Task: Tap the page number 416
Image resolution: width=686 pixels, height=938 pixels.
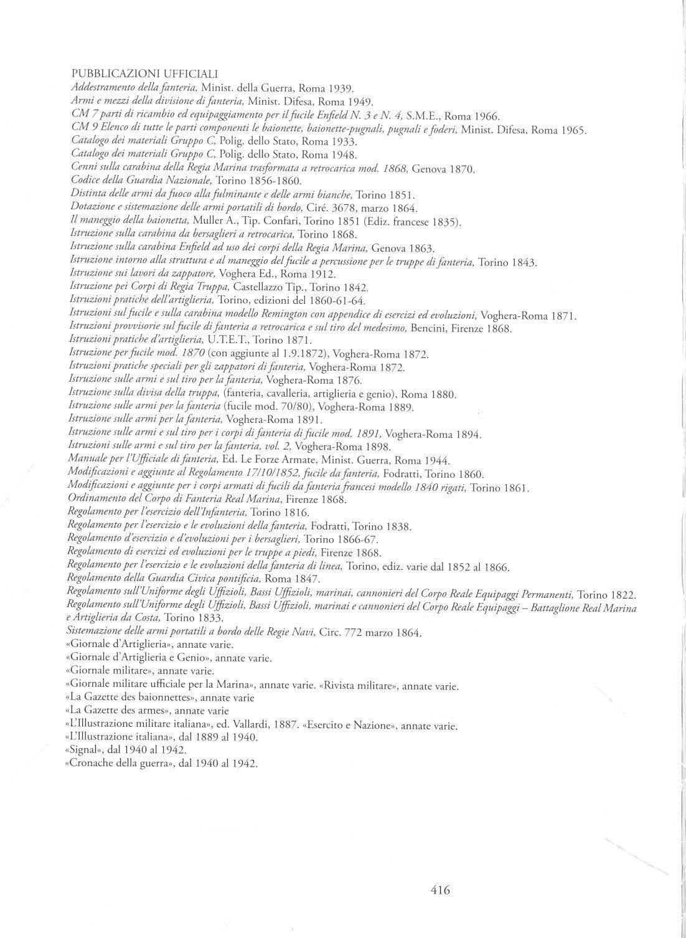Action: coord(439,890)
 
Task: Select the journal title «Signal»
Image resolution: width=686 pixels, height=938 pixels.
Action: coord(84,749)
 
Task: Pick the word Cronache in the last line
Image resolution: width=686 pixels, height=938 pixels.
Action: coord(93,763)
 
